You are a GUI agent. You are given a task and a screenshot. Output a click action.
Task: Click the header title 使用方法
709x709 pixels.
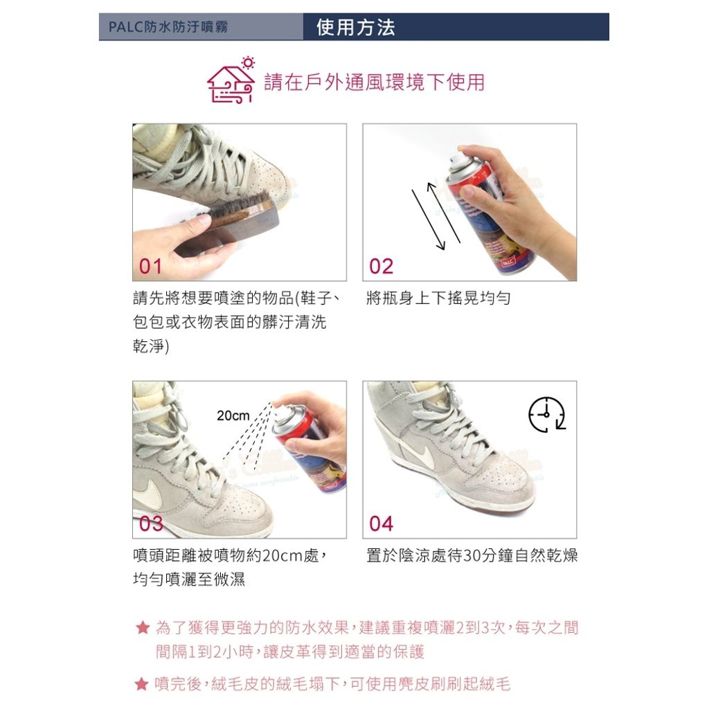(x=355, y=28)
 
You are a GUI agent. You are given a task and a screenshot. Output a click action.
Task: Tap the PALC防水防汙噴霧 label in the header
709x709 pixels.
(x=168, y=28)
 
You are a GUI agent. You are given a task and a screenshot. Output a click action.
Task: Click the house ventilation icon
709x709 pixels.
(x=231, y=82)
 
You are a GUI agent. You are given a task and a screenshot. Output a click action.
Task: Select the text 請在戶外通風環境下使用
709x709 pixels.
(x=374, y=82)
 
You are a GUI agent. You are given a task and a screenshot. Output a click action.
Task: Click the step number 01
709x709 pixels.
(x=150, y=267)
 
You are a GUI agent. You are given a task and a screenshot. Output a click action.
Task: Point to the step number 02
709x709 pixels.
(x=381, y=267)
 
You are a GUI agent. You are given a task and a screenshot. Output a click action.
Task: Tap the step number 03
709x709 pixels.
(x=151, y=523)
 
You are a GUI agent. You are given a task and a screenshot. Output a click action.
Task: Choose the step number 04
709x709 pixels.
(x=381, y=523)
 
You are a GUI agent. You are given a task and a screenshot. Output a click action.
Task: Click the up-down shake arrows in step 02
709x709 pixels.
(x=436, y=215)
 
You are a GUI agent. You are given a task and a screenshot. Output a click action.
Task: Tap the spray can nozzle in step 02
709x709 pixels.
(x=456, y=161)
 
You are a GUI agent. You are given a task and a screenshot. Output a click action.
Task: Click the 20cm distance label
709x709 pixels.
(x=233, y=416)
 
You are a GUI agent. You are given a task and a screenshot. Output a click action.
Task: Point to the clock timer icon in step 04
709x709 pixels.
(x=547, y=415)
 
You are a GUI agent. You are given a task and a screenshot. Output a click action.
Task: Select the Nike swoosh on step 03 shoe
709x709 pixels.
(x=148, y=495)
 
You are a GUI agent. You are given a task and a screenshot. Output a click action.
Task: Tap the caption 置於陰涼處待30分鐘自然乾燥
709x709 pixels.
(x=472, y=556)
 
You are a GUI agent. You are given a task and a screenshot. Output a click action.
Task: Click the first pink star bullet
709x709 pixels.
(x=142, y=628)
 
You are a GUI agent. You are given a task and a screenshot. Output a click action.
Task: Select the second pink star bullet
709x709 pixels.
(x=142, y=685)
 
